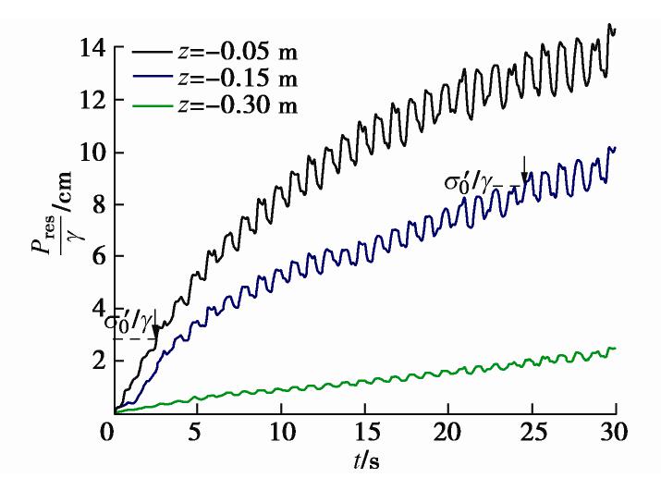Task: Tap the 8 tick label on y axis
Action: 96,204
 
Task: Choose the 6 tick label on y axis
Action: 96,256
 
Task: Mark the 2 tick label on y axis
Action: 96,361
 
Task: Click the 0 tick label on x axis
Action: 110,433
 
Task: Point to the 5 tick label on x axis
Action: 194,433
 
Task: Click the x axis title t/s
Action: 362,461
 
